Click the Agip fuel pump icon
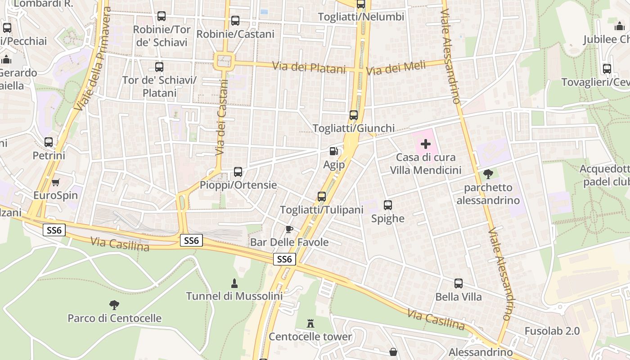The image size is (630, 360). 333,152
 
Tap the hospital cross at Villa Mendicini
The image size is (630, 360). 425,144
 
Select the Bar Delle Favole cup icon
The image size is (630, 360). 289,229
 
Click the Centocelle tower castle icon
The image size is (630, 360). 310,323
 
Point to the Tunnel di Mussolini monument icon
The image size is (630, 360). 234,283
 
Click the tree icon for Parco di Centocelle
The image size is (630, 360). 114,305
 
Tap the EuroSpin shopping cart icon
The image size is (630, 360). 56,182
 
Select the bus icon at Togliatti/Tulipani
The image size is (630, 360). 321,197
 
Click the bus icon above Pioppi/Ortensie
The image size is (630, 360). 238,172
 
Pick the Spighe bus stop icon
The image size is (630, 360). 388,205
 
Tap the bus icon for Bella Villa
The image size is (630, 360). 459,283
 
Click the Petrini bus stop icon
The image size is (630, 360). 49,142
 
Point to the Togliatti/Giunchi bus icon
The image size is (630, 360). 354,115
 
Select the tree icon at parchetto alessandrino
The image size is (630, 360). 488,174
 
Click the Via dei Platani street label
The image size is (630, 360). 309,67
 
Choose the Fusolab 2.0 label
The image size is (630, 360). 552,331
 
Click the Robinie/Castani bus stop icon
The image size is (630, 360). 235,21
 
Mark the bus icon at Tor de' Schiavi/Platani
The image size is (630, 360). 159,67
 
